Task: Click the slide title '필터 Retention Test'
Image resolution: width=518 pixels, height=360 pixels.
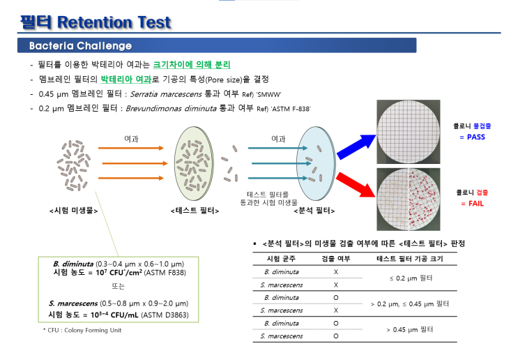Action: tap(96, 22)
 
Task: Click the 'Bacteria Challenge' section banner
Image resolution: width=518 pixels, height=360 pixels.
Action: tap(80, 46)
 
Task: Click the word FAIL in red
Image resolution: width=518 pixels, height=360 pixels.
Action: tap(471, 203)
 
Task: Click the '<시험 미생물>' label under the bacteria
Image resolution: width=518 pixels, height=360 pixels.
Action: tap(73, 210)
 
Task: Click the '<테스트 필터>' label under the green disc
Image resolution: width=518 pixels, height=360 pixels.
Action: tap(195, 210)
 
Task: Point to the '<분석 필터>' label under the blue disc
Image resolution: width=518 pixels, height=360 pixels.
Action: tap(314, 210)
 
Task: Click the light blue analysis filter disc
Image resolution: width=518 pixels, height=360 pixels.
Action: tap(317, 167)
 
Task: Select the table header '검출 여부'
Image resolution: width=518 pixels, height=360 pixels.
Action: tap(335, 259)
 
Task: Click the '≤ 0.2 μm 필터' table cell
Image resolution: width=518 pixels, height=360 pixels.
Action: tap(408, 278)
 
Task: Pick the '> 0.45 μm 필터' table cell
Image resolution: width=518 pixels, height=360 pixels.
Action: tap(408, 329)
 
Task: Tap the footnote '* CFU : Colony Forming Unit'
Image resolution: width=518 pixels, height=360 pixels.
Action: tap(82, 330)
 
